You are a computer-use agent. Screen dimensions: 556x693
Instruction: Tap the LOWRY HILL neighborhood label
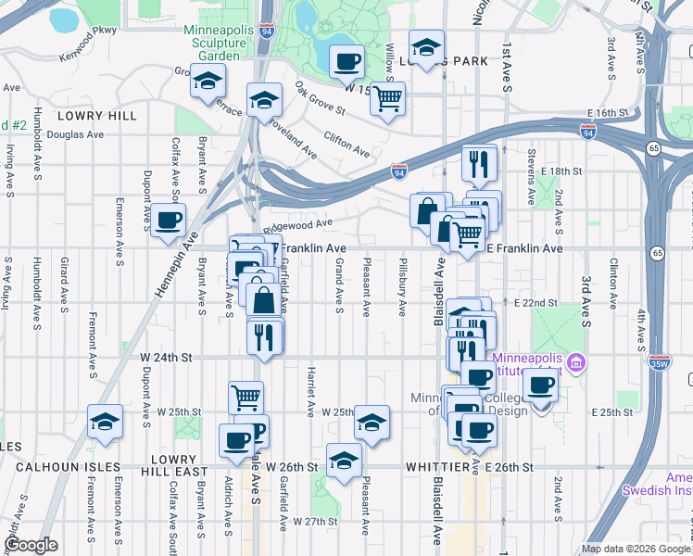tap(96, 116)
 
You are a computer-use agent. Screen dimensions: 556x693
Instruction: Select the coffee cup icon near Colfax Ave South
tap(169, 221)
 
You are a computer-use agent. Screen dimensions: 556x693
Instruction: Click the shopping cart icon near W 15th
tap(388, 98)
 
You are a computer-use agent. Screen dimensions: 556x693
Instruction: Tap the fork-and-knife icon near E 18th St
tap(479, 164)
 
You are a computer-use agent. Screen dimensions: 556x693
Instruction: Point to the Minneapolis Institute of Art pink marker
tap(576, 360)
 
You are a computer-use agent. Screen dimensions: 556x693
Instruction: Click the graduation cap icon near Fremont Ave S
tap(106, 422)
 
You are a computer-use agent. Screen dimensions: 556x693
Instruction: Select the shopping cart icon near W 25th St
tap(246, 398)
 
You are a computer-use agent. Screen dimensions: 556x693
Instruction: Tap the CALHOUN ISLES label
tap(59, 467)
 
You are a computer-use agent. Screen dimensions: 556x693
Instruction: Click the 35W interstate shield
tap(661, 361)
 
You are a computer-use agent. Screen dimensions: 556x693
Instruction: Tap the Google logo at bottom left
tap(31, 545)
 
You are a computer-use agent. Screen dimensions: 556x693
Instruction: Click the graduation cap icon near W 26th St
tap(344, 460)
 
